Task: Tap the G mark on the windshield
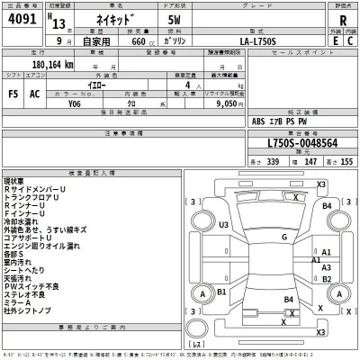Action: [283, 237]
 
